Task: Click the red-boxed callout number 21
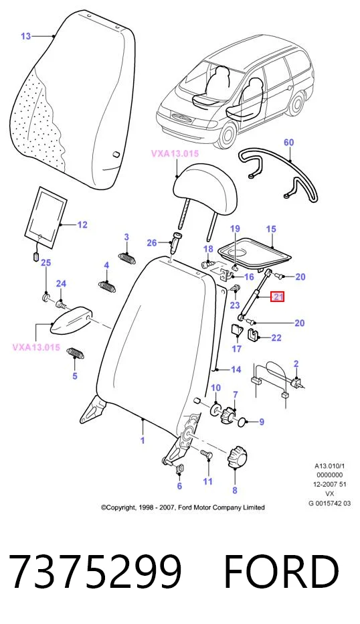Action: tap(277, 297)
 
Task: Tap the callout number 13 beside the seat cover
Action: tap(25, 36)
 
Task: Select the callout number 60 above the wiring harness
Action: tap(289, 143)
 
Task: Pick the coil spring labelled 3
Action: tap(128, 258)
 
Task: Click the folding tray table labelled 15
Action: tap(256, 250)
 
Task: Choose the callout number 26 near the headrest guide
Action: tap(151, 242)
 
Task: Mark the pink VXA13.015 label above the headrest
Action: tap(175, 153)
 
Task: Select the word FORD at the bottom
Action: tap(281, 572)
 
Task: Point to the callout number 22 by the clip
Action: tap(276, 338)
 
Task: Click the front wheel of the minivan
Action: tap(229, 135)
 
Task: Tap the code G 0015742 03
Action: tap(330, 503)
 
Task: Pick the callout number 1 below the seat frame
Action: tap(143, 440)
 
